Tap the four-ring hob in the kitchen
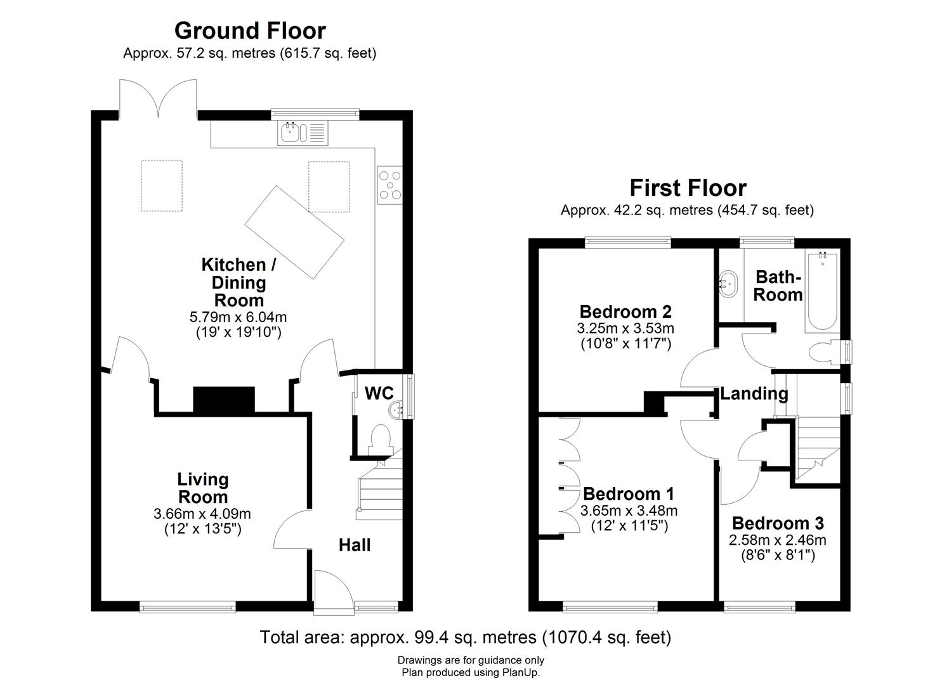pos(389,185)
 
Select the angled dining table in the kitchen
pos(294,232)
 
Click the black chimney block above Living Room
pos(223,400)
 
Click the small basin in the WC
pos(397,409)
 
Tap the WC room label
pos(379,393)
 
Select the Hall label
pos(354,545)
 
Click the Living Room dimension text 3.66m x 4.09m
pos(202,513)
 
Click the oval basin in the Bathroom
pos(728,284)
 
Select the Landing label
pos(754,393)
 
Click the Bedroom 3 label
pos(777,523)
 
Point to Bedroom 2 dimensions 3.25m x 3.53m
pos(625,329)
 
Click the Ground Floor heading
pos(250,30)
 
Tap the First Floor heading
pos(688,188)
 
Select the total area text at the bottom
pos(465,637)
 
